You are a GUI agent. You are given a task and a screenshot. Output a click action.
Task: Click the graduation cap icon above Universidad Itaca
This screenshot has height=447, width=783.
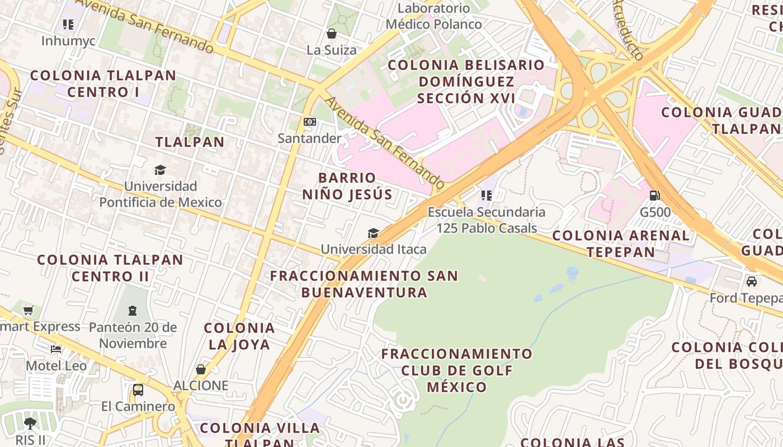(373, 233)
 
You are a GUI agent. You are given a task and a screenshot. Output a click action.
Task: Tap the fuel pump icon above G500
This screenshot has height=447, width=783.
(654, 196)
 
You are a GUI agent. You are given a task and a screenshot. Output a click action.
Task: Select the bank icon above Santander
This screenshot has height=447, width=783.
(309, 122)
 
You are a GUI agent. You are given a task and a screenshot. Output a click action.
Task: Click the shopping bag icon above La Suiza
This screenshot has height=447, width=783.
(331, 34)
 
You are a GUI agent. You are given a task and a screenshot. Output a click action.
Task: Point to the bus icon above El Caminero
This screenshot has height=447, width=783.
(138, 389)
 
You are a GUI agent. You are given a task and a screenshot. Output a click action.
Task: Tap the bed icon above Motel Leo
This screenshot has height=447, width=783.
(56, 349)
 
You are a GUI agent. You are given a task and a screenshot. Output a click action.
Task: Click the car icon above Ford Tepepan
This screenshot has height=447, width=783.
(751, 282)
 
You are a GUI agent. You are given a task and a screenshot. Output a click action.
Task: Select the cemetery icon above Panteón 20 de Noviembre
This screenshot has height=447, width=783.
(133, 310)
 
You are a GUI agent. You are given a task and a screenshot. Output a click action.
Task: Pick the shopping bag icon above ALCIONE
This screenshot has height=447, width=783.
(200, 369)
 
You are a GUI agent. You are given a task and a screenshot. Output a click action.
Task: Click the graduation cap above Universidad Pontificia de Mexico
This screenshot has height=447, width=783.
(161, 170)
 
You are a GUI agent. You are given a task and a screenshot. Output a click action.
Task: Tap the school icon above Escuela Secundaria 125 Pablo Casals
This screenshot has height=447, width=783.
(487, 196)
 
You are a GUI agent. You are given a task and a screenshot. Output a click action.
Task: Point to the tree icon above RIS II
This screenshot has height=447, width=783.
(30, 423)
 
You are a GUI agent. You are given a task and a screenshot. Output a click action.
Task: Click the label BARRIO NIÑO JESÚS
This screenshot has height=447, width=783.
(347, 186)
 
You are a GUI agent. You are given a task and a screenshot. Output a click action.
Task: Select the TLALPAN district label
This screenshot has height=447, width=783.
(190, 142)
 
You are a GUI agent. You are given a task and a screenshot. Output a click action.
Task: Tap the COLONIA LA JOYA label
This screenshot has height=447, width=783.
(239, 336)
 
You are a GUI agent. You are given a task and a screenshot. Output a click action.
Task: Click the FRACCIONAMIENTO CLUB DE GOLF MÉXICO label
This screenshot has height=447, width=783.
(457, 370)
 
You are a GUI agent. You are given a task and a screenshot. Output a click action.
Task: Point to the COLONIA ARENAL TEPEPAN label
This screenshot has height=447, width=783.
(621, 244)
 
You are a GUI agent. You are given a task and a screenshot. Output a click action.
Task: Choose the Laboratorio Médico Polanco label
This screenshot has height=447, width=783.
(434, 16)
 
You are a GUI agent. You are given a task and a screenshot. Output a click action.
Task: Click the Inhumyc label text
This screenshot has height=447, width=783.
(68, 41)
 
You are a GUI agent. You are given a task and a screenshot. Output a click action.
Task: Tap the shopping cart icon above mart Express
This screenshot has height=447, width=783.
(29, 310)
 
